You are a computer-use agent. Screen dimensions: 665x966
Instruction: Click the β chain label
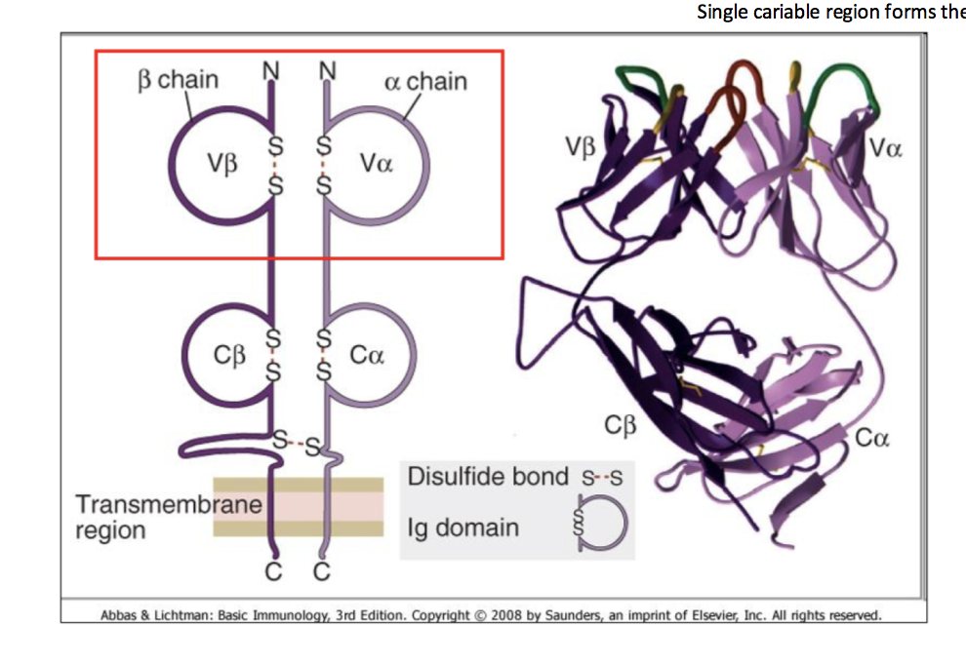(x=179, y=80)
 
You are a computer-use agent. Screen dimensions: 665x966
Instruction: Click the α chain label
(x=426, y=81)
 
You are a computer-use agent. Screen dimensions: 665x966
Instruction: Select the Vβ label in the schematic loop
(x=222, y=163)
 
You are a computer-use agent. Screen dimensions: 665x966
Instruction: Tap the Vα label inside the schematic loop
(x=376, y=163)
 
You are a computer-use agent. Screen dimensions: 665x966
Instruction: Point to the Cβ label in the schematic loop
(x=231, y=356)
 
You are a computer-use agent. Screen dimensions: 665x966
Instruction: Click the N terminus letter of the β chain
(x=270, y=71)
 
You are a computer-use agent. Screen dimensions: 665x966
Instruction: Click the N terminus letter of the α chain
(x=327, y=71)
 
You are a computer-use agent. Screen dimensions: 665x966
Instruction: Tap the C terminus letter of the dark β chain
(x=272, y=572)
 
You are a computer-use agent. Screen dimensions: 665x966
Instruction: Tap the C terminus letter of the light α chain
(x=323, y=572)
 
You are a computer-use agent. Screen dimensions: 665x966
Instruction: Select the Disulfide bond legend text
(x=487, y=477)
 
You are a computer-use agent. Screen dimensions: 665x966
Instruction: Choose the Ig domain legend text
(x=463, y=528)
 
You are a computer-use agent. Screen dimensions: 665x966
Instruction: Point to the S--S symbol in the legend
(x=602, y=479)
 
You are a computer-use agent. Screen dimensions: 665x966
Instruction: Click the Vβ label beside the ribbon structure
(x=580, y=147)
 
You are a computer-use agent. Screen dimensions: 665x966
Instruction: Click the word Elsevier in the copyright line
(x=724, y=615)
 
